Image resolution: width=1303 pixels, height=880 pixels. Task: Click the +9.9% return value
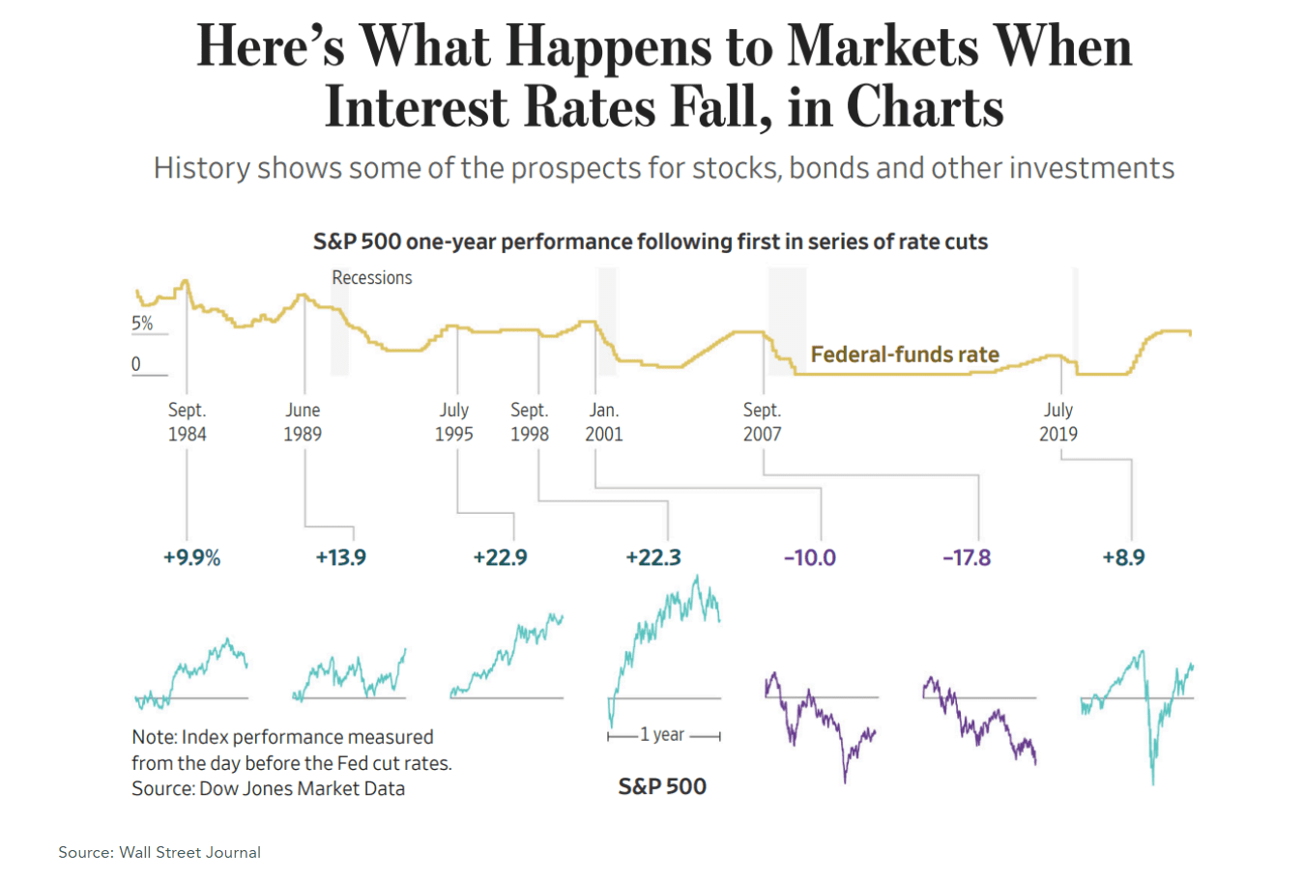pos(191,557)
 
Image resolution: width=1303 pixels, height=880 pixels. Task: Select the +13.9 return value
pos(340,557)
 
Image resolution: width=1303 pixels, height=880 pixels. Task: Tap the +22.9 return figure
pos(500,557)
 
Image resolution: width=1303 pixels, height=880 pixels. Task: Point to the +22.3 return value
pos(653,557)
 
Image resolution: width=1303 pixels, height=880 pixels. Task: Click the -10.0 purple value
pos(809,557)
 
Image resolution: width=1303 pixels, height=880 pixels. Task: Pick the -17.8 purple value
pos(967,557)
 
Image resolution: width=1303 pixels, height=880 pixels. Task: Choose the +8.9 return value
pos(1123,557)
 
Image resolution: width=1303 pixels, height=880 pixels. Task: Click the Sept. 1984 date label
pos(187,422)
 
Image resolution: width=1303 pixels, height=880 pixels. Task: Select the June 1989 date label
pos(303,422)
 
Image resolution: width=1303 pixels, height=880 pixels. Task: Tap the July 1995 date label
pos(453,422)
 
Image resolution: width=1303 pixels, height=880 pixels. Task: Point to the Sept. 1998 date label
pos(530,422)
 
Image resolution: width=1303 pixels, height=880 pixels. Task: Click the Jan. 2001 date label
pos(604,422)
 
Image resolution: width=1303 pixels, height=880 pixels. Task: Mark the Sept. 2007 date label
pos(762,422)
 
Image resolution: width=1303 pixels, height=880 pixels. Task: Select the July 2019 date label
pos(1058,422)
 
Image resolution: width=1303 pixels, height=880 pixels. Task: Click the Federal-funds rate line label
pos(905,355)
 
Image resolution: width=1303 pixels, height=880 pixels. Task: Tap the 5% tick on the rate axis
pos(142,324)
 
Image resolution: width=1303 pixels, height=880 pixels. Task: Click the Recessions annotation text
pos(372,277)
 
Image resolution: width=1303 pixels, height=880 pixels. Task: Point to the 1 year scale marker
pos(663,735)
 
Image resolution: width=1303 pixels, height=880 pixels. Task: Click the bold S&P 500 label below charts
pos(662,786)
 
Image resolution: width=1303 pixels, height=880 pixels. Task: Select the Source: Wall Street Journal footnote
pos(159,852)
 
